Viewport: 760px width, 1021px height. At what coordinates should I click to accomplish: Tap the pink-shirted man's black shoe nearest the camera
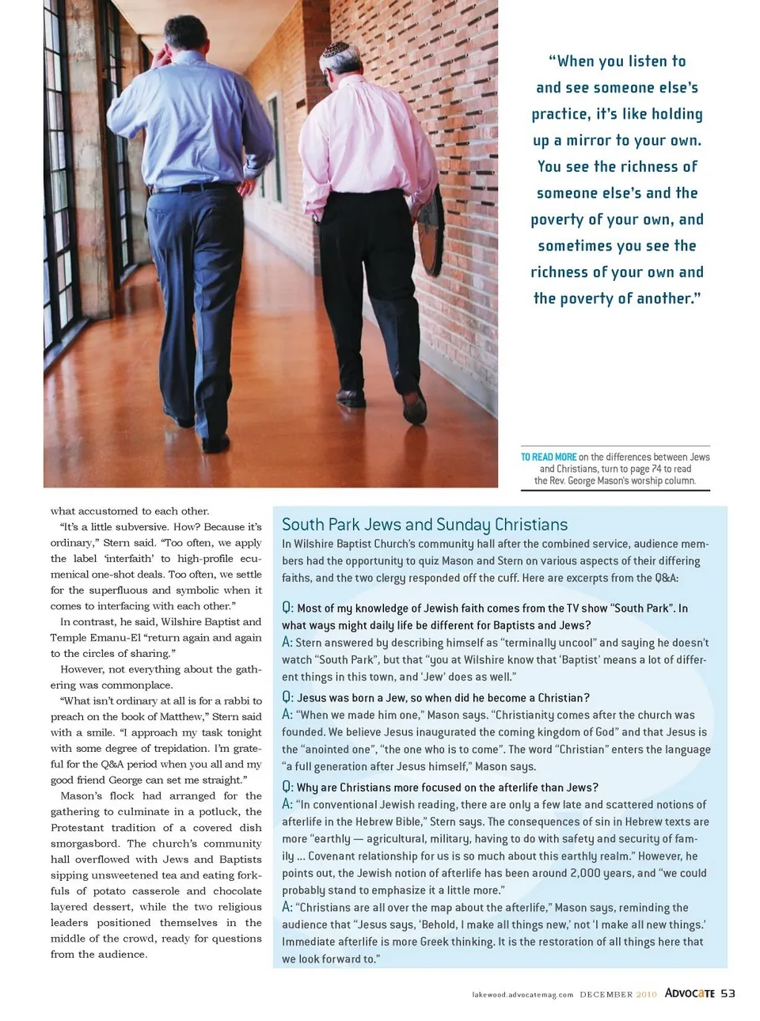pos(348,397)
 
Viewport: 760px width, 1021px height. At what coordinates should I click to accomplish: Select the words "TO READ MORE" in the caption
pos(549,457)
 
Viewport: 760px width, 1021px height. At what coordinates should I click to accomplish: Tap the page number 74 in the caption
pos(655,469)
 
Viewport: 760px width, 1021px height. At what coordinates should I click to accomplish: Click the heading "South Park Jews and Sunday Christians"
pos(424,525)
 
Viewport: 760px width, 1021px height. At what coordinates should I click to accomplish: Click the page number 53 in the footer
pos(728,993)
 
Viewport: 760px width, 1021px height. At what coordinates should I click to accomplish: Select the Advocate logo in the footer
pos(690,993)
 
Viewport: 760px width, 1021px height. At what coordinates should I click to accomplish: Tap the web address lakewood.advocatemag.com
pos(522,995)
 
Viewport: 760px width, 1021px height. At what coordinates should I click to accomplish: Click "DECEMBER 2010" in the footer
pos(618,995)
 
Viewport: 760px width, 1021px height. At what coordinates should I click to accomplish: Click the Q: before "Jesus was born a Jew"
pos(288,697)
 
